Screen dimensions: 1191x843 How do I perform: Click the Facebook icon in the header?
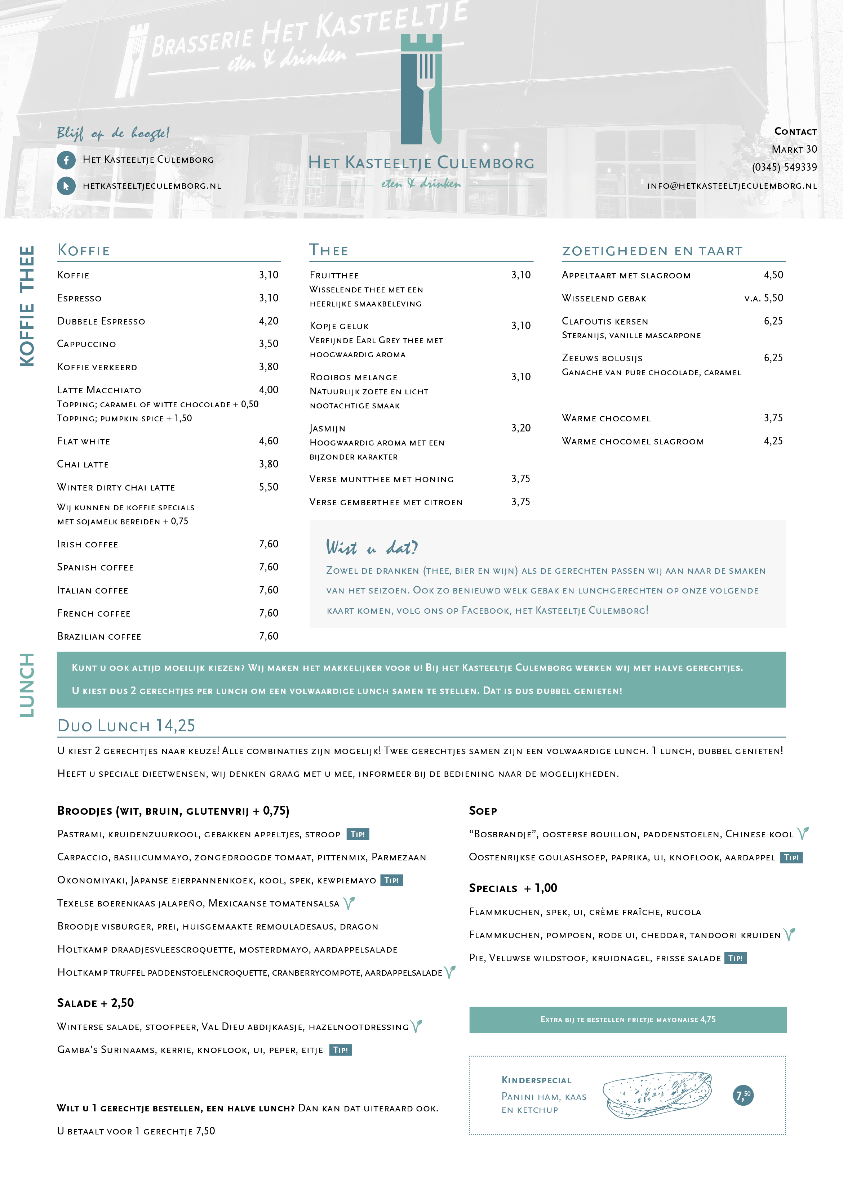click(x=66, y=160)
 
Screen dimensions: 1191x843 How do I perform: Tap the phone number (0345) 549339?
click(x=784, y=167)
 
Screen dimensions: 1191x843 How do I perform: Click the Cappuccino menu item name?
click(x=87, y=344)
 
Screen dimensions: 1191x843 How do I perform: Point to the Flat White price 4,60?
click(x=269, y=441)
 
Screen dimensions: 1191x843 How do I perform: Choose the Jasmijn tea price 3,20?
click(x=521, y=428)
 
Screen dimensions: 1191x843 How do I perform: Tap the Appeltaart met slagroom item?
click(x=626, y=276)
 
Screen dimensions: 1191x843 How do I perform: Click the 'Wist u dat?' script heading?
click(x=371, y=547)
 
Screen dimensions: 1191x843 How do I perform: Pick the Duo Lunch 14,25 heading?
click(x=126, y=726)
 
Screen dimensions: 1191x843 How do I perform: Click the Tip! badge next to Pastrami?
click(x=358, y=834)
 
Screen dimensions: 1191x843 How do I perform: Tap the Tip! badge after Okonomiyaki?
click(x=391, y=880)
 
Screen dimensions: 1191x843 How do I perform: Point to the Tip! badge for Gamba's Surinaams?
click(x=341, y=1050)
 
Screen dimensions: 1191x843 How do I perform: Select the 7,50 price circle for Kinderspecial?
click(x=743, y=1095)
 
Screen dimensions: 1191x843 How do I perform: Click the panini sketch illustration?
click(x=657, y=1094)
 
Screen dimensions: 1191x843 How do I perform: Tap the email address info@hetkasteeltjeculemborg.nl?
click(x=732, y=186)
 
